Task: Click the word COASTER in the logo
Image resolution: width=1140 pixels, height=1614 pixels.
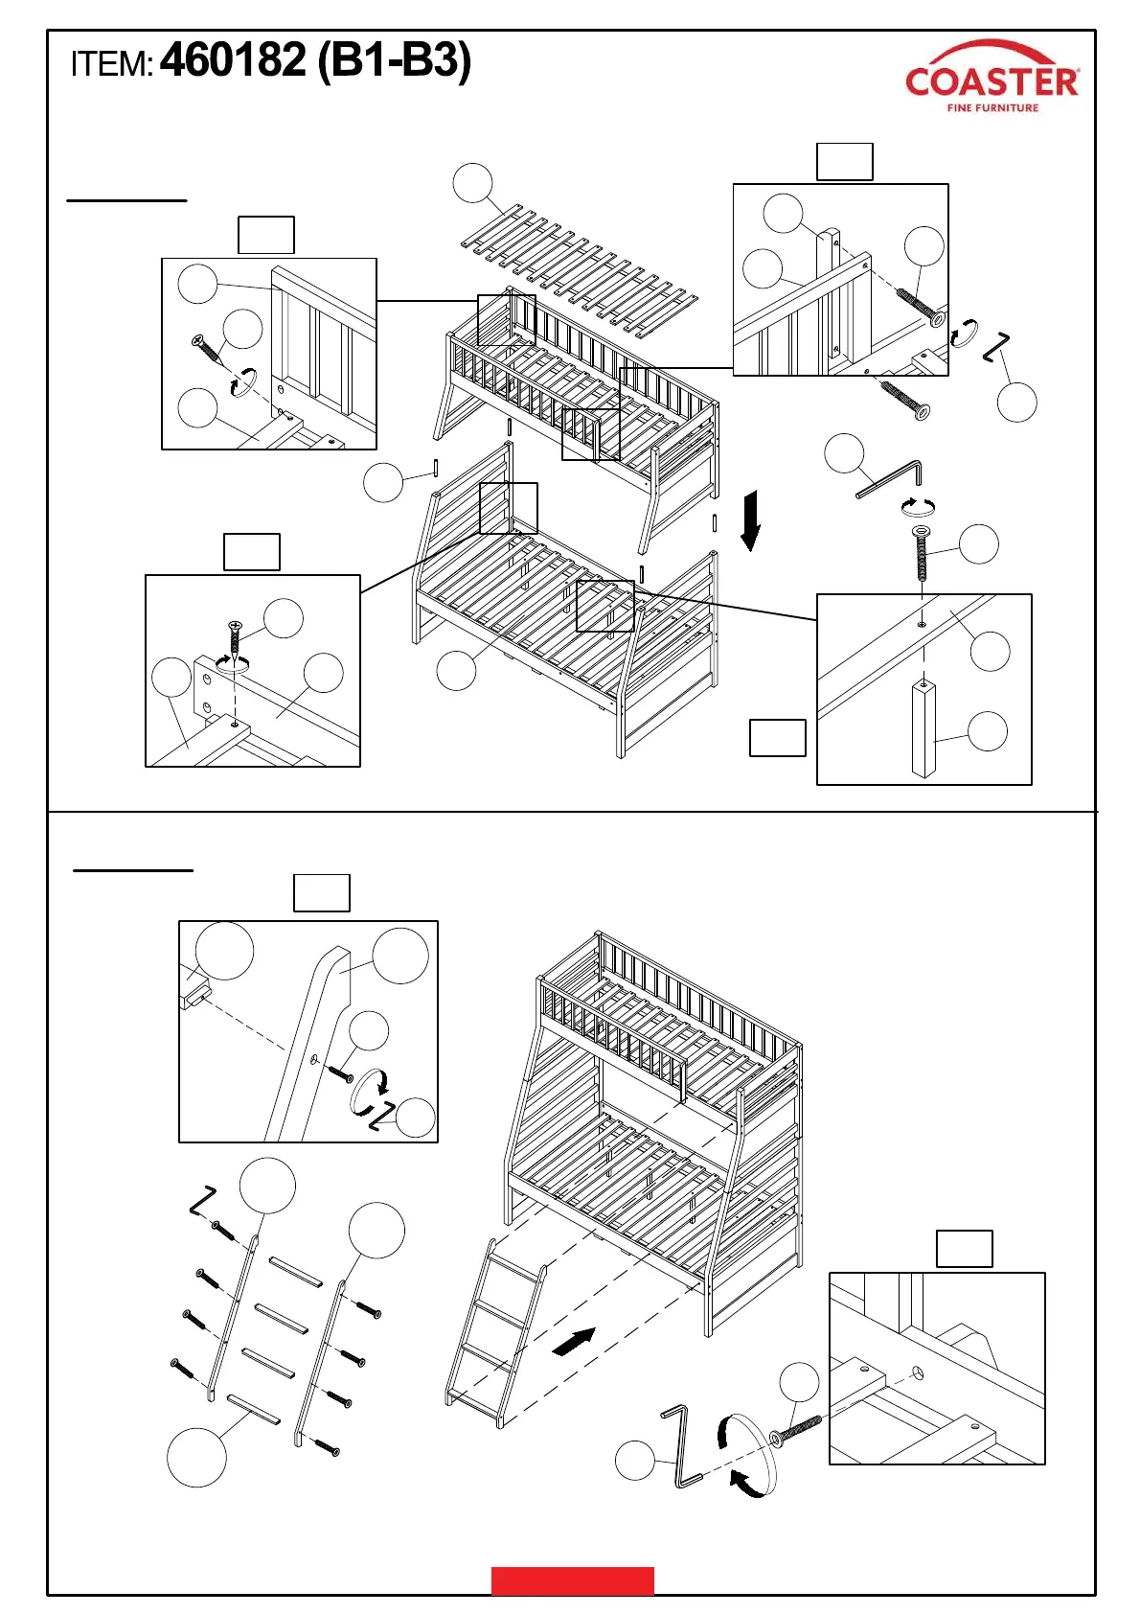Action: point(992,81)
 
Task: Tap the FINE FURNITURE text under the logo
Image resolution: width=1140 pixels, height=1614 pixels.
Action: point(992,108)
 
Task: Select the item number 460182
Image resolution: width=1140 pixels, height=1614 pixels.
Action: point(233,60)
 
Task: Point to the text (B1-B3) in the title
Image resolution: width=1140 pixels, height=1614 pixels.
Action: point(394,61)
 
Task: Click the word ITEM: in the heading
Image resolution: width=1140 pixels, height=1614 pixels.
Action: point(111,65)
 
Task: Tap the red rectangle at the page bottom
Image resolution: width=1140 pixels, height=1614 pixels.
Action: point(572,1580)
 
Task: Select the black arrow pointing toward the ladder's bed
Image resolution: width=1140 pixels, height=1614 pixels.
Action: point(575,1341)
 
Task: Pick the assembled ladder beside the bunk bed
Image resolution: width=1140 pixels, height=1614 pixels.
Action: point(495,1333)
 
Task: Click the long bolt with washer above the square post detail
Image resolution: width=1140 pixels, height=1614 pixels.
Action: point(922,553)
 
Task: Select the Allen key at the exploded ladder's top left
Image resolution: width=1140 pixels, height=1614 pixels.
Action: point(202,1199)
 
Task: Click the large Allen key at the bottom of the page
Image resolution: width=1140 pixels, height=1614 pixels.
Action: point(680,1446)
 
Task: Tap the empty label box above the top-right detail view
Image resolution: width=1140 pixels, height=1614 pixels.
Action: point(844,162)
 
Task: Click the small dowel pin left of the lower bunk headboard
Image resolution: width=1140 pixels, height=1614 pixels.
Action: point(437,466)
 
